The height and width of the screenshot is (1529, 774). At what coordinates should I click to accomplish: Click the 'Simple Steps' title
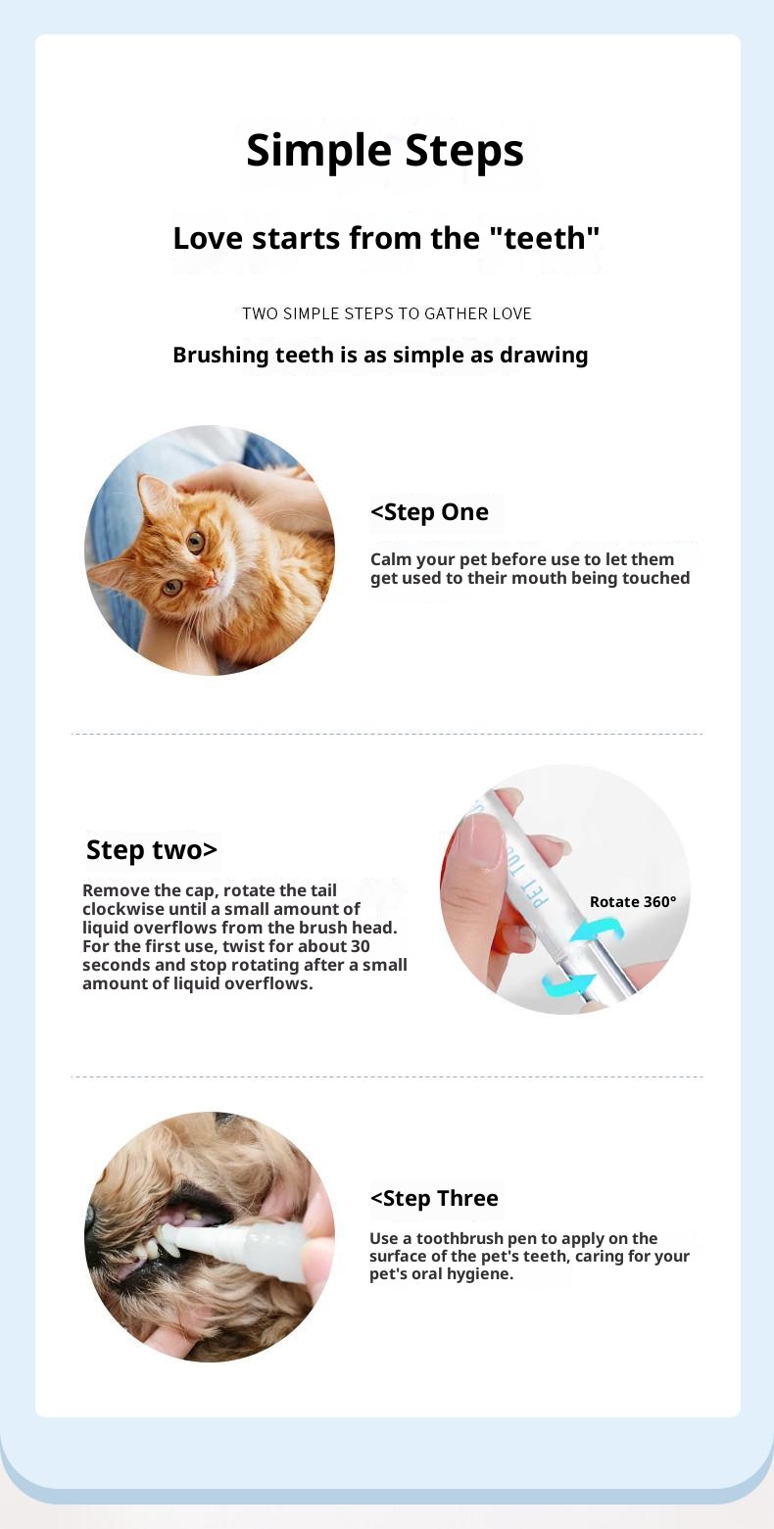click(385, 151)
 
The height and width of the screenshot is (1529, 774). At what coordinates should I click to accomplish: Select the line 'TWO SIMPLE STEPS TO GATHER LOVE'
click(386, 313)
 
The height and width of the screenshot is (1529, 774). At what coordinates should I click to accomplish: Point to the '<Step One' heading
click(429, 512)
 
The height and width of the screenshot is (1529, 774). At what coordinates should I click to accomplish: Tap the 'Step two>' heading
click(152, 850)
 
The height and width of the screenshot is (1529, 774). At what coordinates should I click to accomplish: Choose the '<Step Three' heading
click(434, 1198)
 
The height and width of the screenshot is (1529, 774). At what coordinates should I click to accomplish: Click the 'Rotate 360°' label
click(633, 902)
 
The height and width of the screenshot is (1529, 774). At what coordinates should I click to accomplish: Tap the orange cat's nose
click(212, 580)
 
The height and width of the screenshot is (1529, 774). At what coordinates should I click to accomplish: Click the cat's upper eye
click(196, 542)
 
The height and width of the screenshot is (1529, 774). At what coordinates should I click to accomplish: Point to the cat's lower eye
click(172, 587)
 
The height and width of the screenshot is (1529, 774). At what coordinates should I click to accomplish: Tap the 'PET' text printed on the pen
click(540, 892)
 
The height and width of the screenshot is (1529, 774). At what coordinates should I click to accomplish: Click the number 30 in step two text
click(361, 946)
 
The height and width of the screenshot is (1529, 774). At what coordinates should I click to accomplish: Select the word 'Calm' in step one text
click(391, 559)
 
